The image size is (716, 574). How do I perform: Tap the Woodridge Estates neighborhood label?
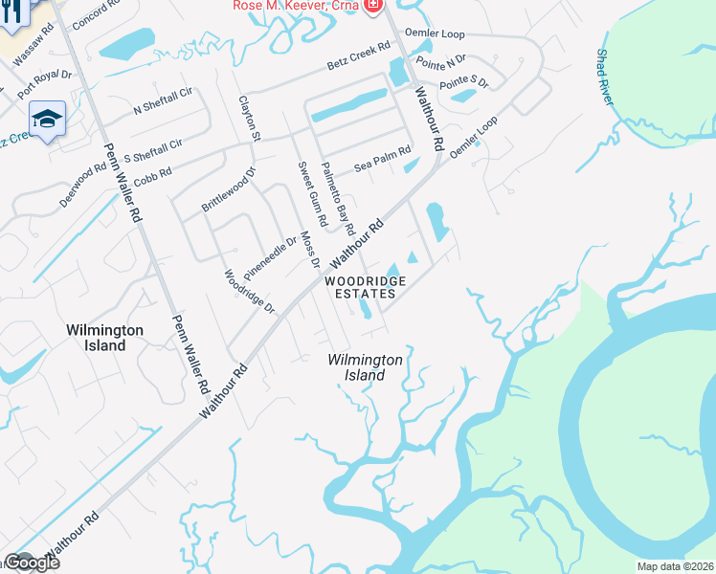point(365,287)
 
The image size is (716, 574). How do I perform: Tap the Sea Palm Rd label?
point(382,157)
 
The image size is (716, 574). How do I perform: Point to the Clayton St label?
point(248,118)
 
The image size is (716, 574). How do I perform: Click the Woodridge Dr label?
point(250,292)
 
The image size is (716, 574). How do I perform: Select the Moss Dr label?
point(308,248)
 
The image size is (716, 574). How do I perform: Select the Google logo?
point(32,563)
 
